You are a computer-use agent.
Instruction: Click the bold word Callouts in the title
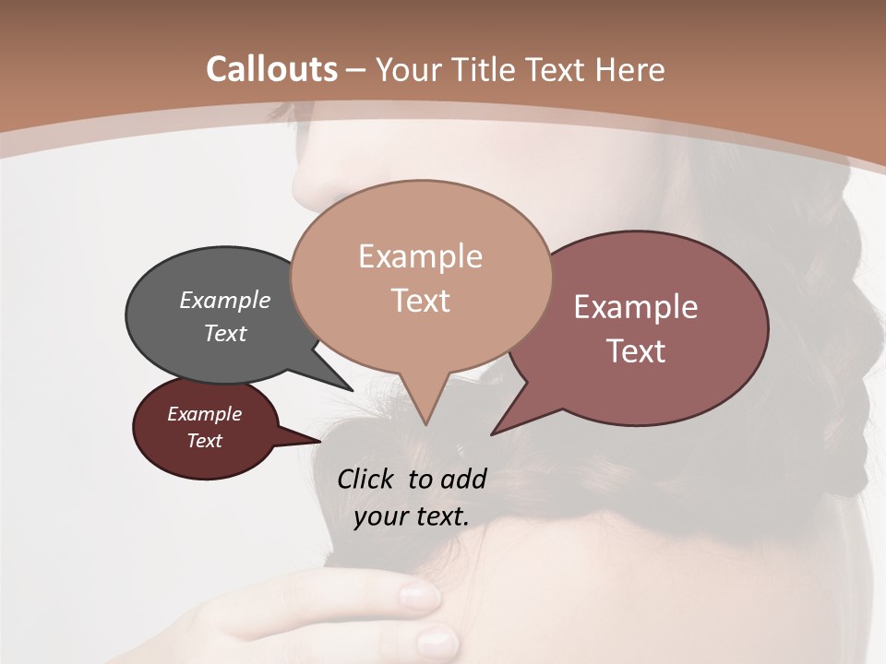coord(271,69)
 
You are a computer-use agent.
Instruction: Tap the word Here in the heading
coord(627,69)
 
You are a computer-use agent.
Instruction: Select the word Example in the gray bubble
coord(224,301)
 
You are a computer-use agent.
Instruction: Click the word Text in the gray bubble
coord(224,333)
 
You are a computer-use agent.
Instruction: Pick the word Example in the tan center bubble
coord(420,256)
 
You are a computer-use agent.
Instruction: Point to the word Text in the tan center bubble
coord(420,301)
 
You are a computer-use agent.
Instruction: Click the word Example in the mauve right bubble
coord(636,307)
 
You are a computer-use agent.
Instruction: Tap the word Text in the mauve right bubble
coord(636,351)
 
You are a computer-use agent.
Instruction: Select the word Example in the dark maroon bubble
coord(204,414)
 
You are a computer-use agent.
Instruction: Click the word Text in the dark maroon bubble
coord(204,441)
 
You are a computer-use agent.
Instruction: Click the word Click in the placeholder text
coord(367,479)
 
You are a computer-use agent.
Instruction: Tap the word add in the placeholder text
coord(462,479)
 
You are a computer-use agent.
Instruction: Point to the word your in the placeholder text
coord(380,517)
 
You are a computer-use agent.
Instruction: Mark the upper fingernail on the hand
coord(420,597)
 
